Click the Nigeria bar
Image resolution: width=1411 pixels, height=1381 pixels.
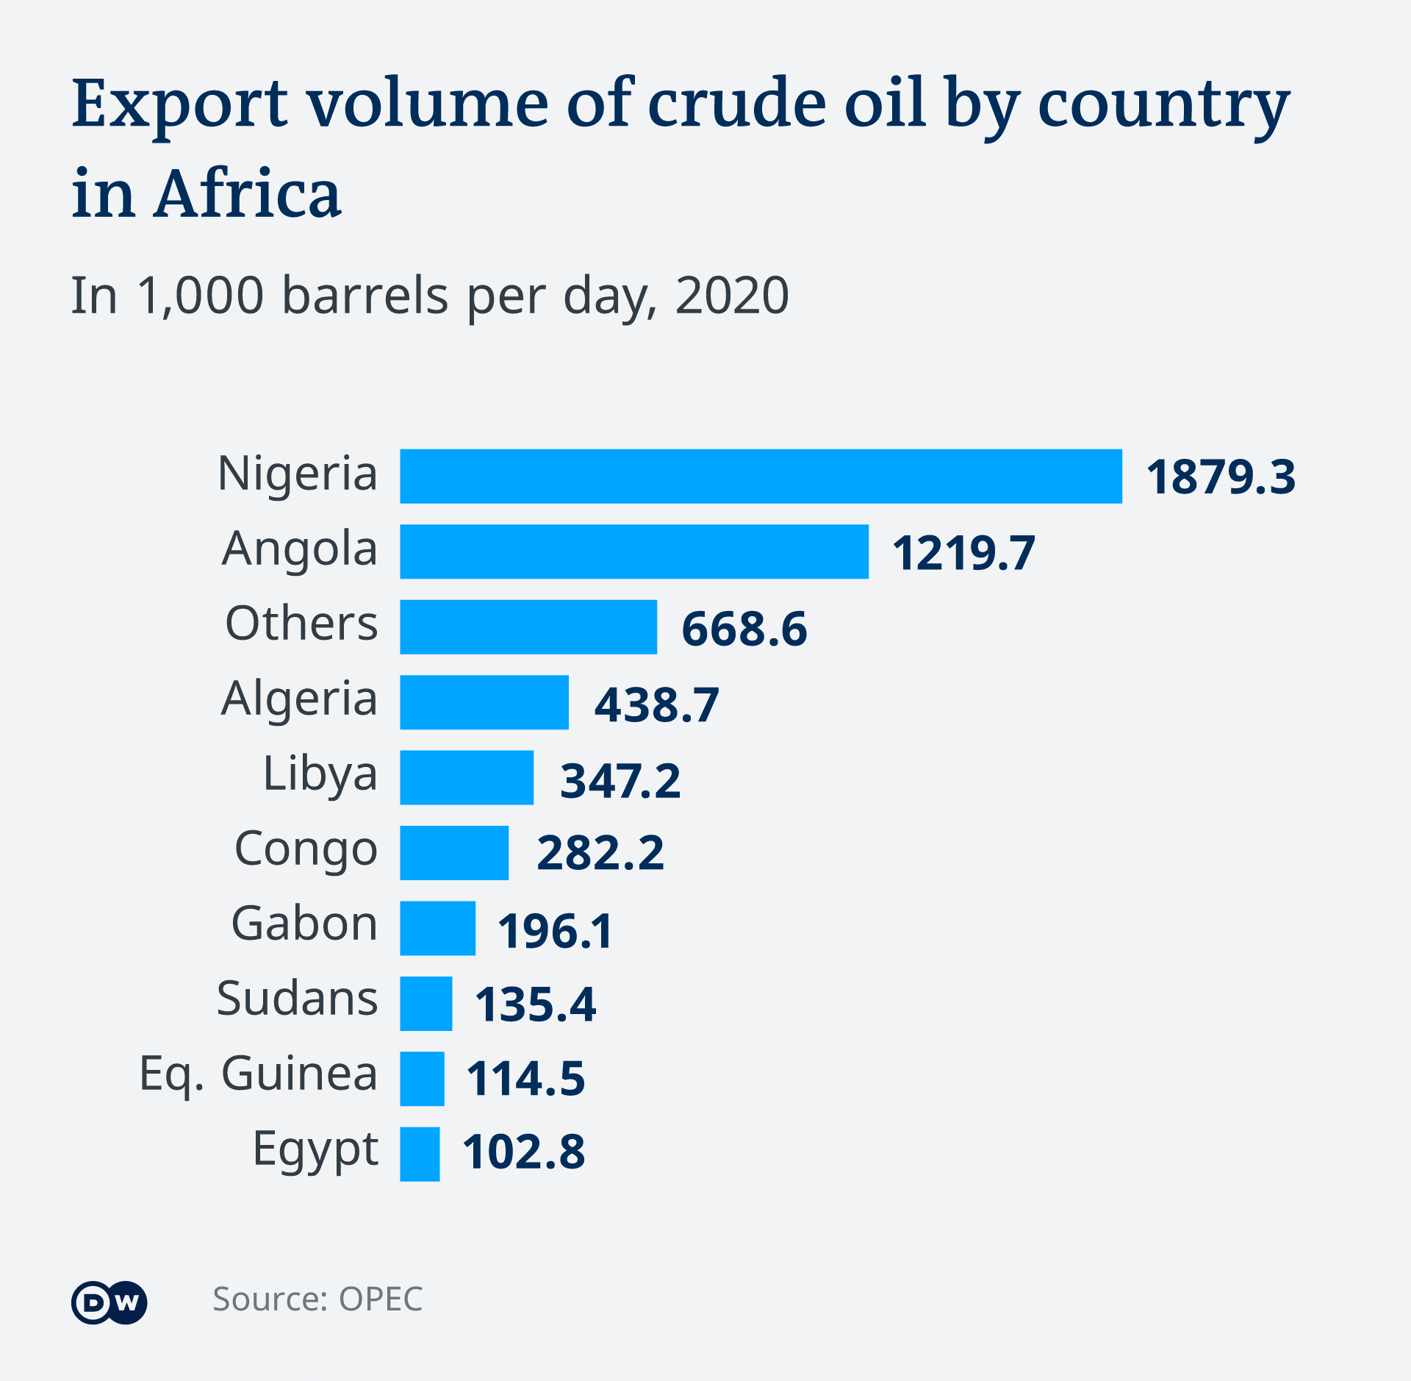tap(761, 476)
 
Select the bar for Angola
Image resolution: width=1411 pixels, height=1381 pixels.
tap(633, 552)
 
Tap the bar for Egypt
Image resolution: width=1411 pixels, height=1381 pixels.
tap(420, 1154)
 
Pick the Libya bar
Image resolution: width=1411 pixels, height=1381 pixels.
tap(467, 777)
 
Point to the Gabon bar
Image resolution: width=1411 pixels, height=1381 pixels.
tap(437, 928)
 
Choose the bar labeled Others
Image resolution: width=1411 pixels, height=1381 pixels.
tap(528, 627)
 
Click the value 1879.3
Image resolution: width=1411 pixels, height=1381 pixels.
tap(1221, 477)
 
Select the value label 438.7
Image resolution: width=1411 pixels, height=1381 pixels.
tap(656, 704)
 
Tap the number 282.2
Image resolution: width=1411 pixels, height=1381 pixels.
tap(600, 853)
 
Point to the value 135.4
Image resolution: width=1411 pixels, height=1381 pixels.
tap(535, 1004)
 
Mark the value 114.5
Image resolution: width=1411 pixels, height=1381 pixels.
tap(525, 1079)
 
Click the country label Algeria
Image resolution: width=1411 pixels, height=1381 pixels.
tap(299, 699)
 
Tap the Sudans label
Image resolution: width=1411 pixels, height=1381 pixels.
tap(297, 999)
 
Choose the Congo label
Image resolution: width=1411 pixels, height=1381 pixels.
tap(306, 849)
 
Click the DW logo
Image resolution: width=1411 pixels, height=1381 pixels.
tap(109, 1303)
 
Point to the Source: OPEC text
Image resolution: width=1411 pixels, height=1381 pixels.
tap(317, 1299)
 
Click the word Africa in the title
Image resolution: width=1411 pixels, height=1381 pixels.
tap(247, 194)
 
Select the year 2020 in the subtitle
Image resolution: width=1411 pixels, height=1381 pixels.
tap(731, 296)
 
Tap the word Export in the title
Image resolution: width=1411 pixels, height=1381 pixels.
tap(180, 104)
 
